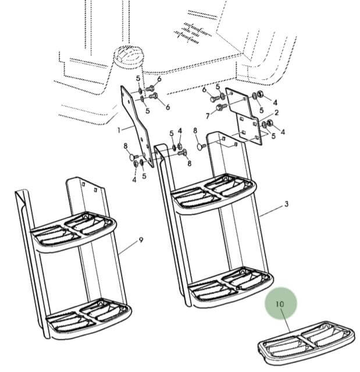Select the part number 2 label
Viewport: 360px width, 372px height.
276,112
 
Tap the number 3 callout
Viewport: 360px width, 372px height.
286,205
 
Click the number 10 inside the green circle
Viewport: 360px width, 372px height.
280,303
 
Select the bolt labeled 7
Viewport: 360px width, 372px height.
219,108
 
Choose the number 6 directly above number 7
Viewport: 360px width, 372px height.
204,90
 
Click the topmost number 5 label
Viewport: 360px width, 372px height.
138,79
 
